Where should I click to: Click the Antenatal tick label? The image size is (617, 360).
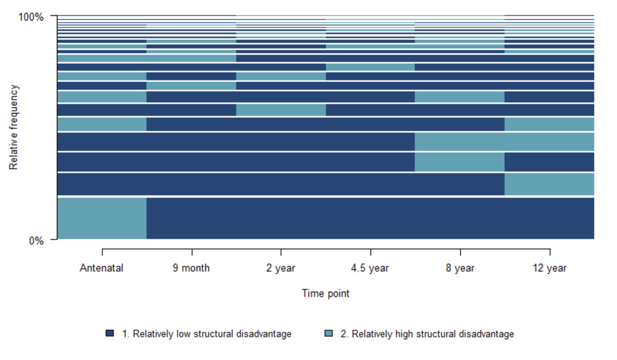coord(102,268)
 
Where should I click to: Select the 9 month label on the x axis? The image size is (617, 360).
coord(191,268)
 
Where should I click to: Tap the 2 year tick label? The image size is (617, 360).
coord(281,268)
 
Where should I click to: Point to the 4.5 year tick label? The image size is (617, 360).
coord(370,268)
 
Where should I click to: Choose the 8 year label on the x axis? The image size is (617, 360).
coord(460,268)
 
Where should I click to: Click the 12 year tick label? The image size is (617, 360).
coord(550,268)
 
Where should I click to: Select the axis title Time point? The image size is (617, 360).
coord(325,293)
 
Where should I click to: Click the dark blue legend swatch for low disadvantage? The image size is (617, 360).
coord(110,333)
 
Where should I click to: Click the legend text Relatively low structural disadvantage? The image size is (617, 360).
coord(207,334)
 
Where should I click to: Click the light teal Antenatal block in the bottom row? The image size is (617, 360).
coord(102,218)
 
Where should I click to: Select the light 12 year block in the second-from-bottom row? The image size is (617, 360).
coord(549,184)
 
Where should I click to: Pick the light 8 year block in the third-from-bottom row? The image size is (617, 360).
coord(459,162)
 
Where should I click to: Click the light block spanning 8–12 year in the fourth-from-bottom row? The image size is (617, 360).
coord(504,142)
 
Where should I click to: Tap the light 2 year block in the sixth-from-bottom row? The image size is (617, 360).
coord(281,110)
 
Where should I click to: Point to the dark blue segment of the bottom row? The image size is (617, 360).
coord(370,218)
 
